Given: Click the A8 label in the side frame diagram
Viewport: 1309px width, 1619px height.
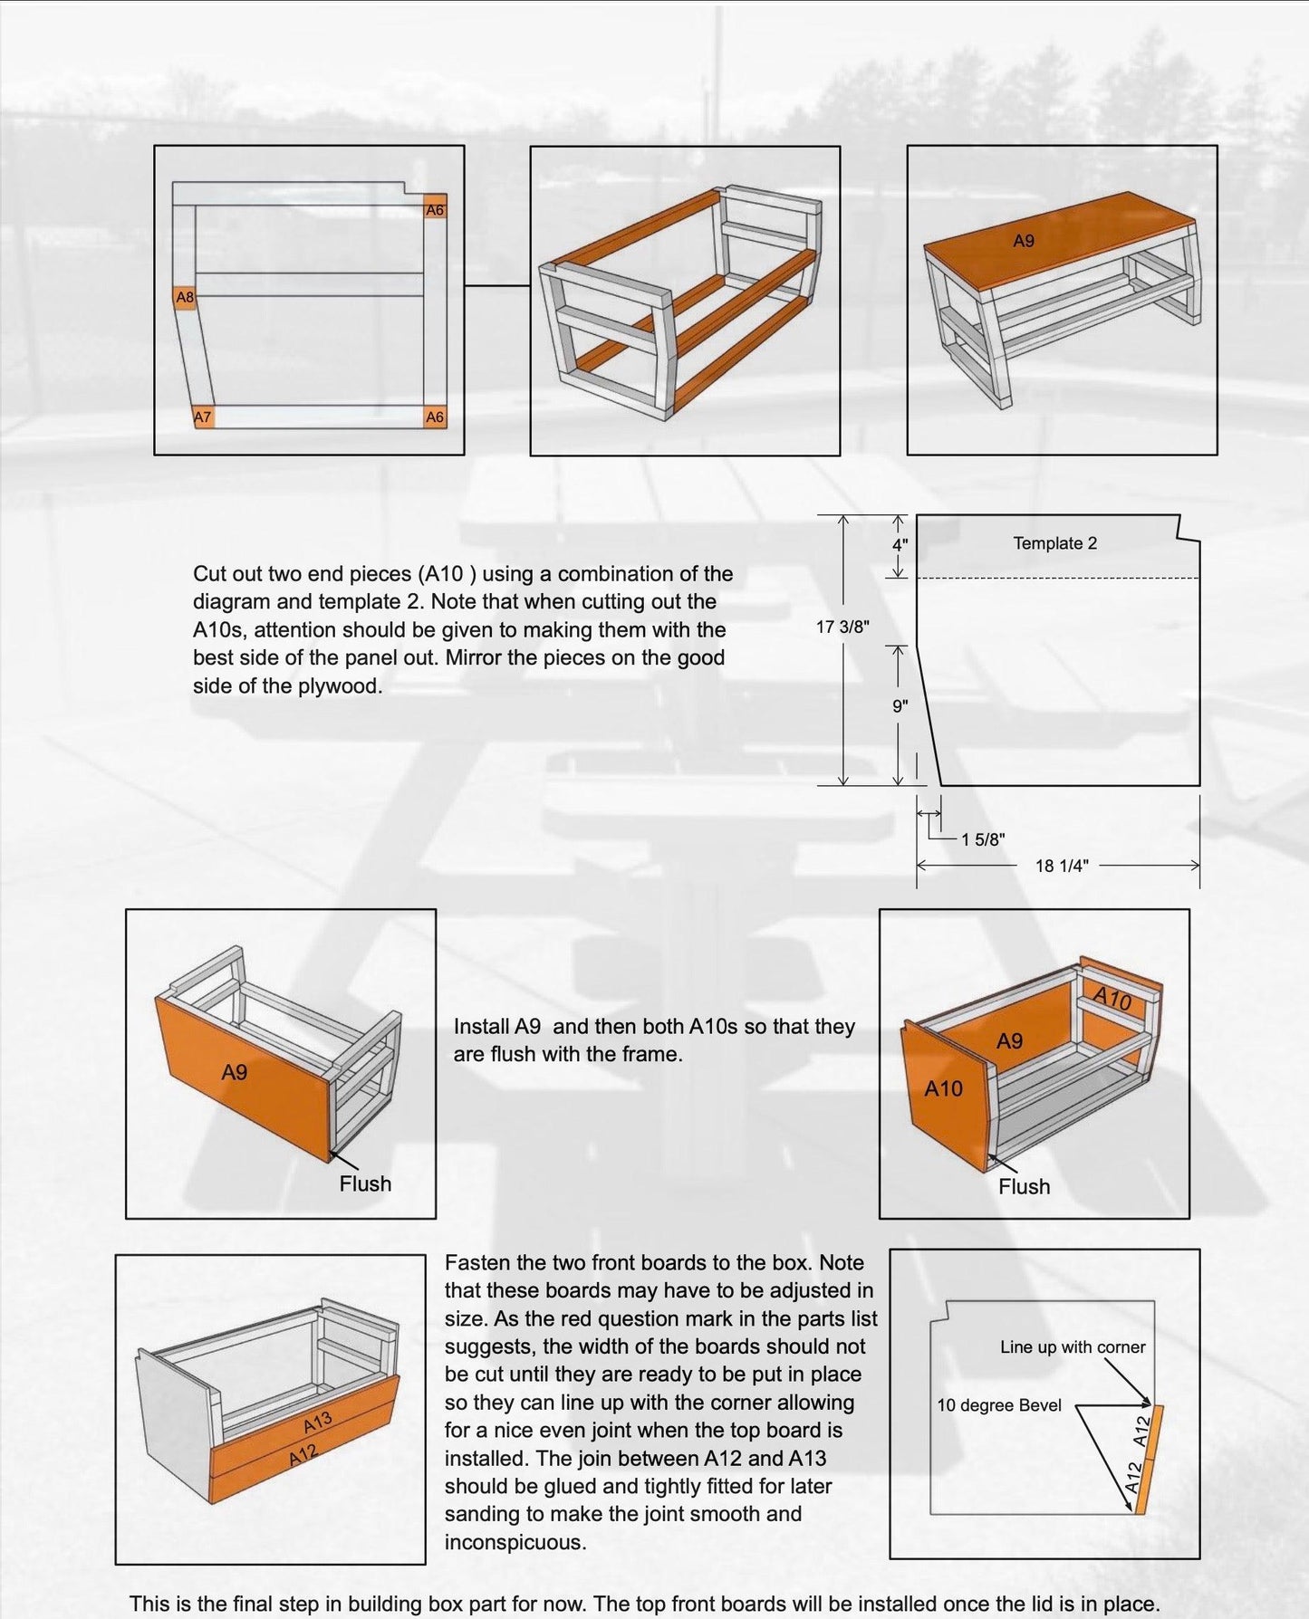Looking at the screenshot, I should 185,297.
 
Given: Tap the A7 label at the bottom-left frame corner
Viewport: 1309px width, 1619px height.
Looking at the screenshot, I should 203,417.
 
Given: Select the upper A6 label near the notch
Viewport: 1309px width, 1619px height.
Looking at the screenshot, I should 435,210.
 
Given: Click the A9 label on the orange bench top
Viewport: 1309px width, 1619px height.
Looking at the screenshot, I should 1023,241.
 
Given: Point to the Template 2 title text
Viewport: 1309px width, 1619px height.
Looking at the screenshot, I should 1054,543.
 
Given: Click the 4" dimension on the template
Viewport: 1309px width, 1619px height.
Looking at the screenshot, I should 900,546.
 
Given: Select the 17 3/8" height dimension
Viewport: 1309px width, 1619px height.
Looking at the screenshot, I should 842,626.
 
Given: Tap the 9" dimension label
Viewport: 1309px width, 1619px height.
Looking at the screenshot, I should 900,706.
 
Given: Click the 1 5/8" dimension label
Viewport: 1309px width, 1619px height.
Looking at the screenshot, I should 983,839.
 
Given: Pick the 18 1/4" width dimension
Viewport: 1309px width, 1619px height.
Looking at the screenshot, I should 1061,866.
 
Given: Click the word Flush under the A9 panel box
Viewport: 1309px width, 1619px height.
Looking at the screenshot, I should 365,1183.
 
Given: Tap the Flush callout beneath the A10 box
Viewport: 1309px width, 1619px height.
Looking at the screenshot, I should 1024,1186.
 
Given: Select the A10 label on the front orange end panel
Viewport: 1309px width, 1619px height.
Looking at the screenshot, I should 943,1088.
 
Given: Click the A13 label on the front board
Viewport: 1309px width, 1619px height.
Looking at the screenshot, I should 318,1423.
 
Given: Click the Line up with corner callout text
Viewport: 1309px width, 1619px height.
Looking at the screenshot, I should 1073,1346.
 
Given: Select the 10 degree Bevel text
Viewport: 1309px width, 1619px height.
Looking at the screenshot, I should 998,1405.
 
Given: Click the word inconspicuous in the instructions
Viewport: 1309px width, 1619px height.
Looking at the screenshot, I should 515,1542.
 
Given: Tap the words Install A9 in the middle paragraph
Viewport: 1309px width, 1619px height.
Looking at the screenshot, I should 496,1026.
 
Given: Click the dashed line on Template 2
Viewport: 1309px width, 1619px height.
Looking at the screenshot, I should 1058,578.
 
